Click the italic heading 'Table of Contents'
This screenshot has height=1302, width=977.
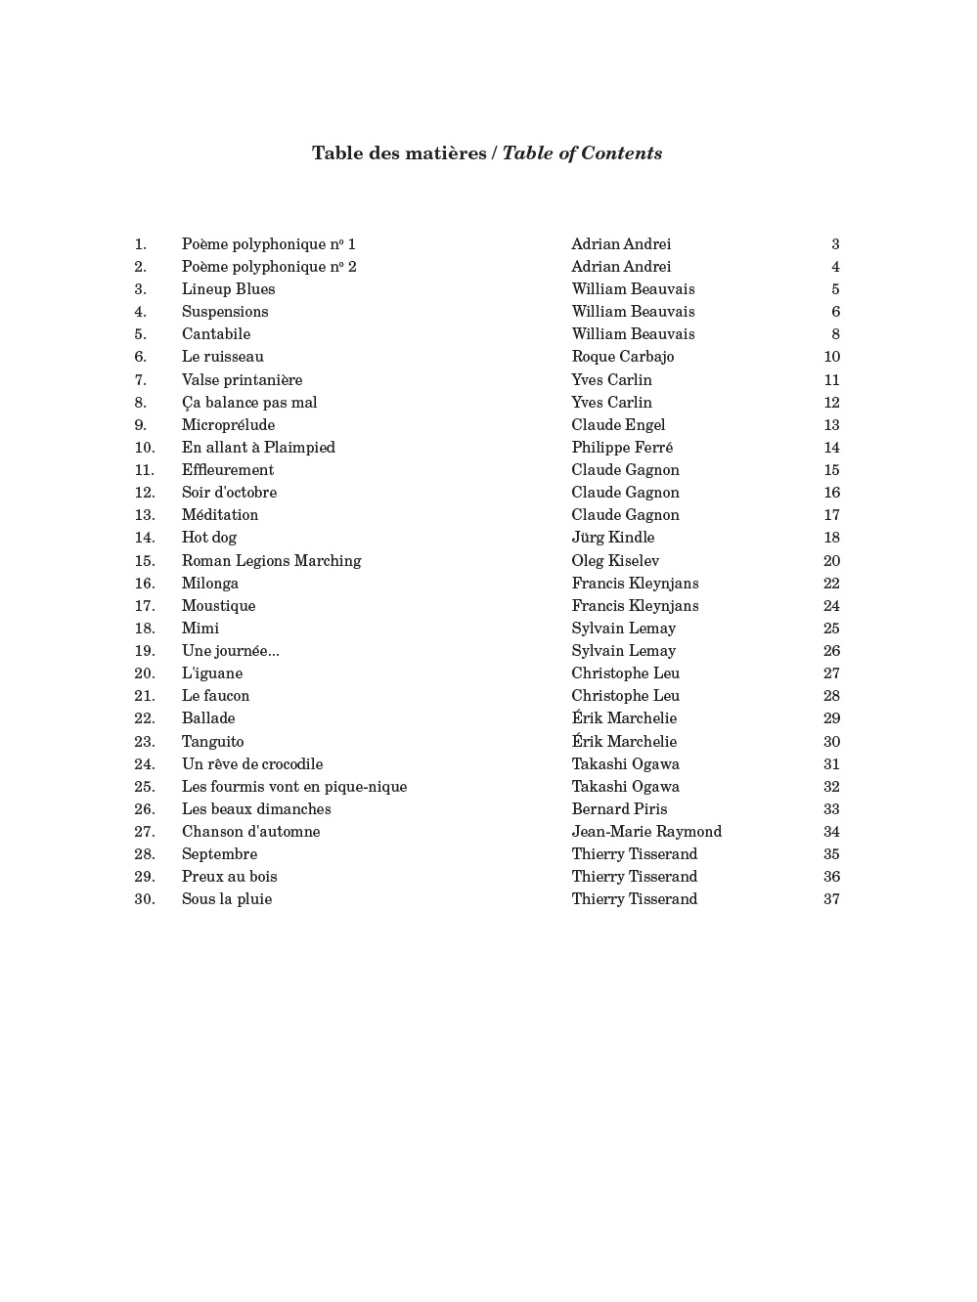pos(582,153)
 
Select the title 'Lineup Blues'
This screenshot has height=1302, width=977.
pos(228,289)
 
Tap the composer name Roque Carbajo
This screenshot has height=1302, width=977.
pos(622,357)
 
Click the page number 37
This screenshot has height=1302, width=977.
pos(831,899)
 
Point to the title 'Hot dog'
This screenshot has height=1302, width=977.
pos(208,538)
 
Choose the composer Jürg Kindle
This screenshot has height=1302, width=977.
pos(612,538)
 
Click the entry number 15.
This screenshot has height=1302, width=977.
pos(145,561)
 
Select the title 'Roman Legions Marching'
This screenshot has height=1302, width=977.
pos(271,561)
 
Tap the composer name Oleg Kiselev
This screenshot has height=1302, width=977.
pos(615,561)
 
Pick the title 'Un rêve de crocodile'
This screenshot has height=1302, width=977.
pos(251,764)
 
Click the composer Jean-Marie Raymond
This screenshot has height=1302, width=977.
pos(646,832)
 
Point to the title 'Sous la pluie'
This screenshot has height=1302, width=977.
pos(226,899)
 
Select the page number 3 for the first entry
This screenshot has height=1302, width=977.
pos(835,244)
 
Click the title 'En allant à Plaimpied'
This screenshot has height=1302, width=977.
pos(258,448)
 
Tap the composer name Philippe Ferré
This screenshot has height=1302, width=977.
pos(622,448)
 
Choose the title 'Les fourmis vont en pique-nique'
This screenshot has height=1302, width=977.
pos(293,787)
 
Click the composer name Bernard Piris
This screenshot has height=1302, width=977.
pos(619,809)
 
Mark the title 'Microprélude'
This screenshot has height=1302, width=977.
pos(228,425)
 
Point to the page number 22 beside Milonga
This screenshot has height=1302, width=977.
pos(831,584)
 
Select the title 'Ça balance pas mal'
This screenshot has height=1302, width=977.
pos(248,403)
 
